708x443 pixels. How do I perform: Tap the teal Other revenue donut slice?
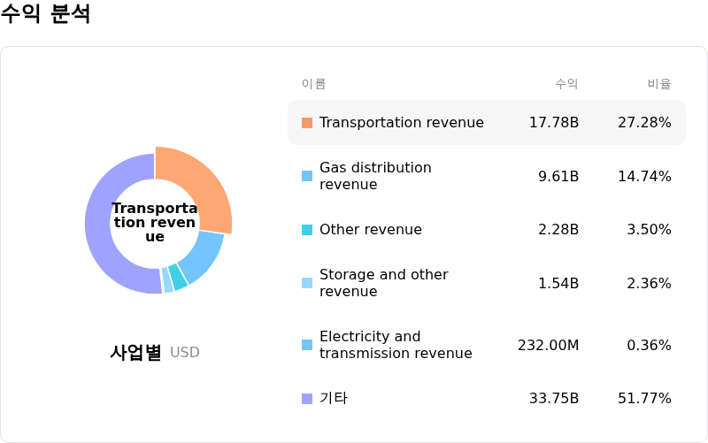tap(179, 277)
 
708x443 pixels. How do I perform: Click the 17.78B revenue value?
tap(554, 122)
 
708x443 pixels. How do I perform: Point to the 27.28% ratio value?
tap(644, 122)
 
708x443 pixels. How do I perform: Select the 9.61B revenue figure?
tap(558, 176)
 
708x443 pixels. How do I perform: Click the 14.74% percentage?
tap(644, 176)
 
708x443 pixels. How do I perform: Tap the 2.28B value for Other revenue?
tap(558, 229)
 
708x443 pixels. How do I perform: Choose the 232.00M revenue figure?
tap(548, 345)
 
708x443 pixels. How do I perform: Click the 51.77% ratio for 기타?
tap(644, 398)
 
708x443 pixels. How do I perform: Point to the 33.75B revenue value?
tap(554, 398)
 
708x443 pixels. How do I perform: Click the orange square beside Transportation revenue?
tap(307, 123)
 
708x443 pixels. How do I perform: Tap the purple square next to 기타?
tap(307, 399)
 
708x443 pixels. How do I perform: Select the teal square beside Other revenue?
tap(307, 230)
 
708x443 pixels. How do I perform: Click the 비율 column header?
tap(659, 83)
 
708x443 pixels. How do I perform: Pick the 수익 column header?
tap(566, 83)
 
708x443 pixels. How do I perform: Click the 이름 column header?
tap(314, 83)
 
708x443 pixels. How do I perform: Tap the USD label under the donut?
tap(185, 352)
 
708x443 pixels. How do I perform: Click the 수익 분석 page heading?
tap(45, 13)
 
